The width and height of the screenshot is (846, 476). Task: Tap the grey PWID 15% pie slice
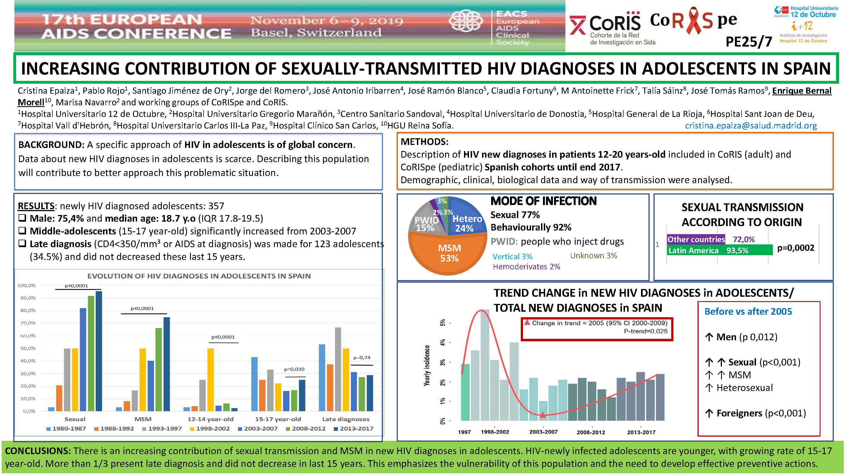pyautogui.click(x=426, y=223)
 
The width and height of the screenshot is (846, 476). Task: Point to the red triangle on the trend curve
pyautogui.click(x=543, y=415)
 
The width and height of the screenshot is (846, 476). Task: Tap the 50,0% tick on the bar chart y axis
pyautogui.click(x=28, y=348)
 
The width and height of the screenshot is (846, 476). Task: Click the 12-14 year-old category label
pyautogui.click(x=211, y=419)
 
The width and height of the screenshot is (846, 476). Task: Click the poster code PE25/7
pyautogui.click(x=748, y=42)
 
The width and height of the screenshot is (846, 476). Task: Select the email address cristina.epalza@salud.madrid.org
pyautogui.click(x=751, y=126)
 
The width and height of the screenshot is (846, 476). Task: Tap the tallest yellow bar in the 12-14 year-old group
pyautogui.click(x=211, y=379)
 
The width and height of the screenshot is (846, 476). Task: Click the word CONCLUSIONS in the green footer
pyautogui.click(x=37, y=451)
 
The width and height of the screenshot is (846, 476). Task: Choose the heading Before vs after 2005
pyautogui.click(x=748, y=311)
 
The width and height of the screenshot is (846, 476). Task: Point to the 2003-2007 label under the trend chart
pyautogui.click(x=543, y=432)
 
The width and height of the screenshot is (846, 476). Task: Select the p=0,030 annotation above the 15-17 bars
pyautogui.click(x=294, y=369)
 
